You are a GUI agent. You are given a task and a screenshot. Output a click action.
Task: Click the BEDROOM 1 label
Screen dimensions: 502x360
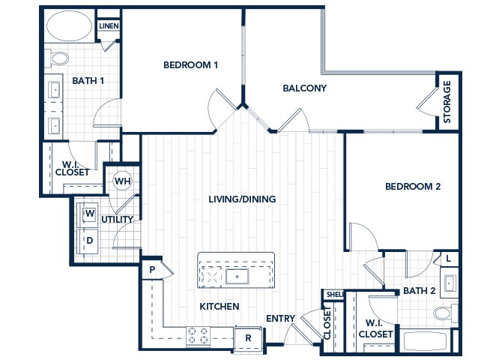point(190,65)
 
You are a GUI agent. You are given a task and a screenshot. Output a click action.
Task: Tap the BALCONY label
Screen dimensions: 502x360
point(305,88)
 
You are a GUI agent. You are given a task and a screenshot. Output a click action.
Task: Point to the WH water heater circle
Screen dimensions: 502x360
point(121,181)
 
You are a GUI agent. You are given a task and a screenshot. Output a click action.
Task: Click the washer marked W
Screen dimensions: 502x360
point(88,214)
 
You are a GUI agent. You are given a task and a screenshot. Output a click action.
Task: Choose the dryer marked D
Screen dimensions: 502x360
point(88,241)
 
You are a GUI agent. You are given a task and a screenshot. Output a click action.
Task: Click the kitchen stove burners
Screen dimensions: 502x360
point(198,335)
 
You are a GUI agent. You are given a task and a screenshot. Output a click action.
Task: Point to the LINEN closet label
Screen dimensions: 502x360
point(109,26)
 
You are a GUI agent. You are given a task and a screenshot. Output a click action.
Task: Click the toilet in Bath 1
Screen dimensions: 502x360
point(57,57)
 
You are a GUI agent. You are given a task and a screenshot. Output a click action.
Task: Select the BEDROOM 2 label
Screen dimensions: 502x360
point(413,187)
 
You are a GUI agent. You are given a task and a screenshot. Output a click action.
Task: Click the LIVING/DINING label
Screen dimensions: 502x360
point(242,199)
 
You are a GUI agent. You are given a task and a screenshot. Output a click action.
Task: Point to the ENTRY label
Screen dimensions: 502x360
point(280,318)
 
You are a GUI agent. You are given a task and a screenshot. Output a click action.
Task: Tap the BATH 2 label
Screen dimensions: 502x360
point(419,290)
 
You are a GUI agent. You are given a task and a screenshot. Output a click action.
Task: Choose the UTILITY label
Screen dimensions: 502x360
point(118,220)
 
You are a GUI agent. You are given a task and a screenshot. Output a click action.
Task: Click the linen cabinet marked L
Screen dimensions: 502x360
point(447,259)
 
